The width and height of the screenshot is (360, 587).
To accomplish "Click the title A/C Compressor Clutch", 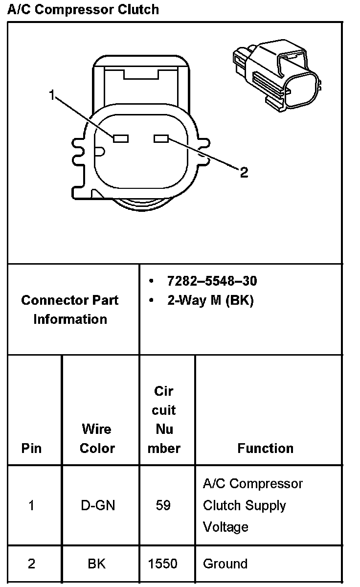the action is (83, 9).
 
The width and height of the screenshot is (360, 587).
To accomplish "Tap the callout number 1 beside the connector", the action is (52, 95).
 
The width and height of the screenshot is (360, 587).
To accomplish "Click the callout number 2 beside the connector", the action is (244, 172).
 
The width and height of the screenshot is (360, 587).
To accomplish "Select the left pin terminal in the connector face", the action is (121, 139).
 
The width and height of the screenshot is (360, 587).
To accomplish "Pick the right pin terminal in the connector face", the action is (161, 139).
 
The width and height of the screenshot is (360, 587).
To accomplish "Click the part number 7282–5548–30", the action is (212, 281).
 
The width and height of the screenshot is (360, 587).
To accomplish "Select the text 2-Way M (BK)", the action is (210, 300).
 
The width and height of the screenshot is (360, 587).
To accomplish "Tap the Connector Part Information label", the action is (70, 310).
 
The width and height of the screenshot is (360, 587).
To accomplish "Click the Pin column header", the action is (32, 448).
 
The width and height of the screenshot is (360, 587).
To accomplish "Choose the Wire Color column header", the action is (97, 439).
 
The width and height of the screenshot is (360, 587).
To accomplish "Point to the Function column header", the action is (266, 448).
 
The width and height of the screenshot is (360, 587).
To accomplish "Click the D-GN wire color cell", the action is (98, 505).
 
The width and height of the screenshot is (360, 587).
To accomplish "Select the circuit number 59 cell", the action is (163, 505).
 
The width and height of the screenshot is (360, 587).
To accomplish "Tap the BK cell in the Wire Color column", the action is (97, 564).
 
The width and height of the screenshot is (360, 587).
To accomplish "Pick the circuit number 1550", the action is (163, 564).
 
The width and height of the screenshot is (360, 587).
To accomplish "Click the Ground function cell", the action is (225, 564).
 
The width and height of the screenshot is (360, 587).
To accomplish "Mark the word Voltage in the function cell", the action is (225, 527).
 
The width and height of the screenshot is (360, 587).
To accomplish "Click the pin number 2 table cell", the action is (32, 564).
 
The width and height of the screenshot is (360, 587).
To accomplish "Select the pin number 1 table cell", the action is (32, 505).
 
